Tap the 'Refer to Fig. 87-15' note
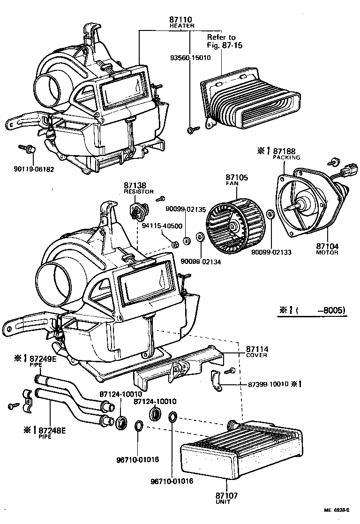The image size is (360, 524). point(221,41)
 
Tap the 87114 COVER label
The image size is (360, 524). point(256,352)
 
